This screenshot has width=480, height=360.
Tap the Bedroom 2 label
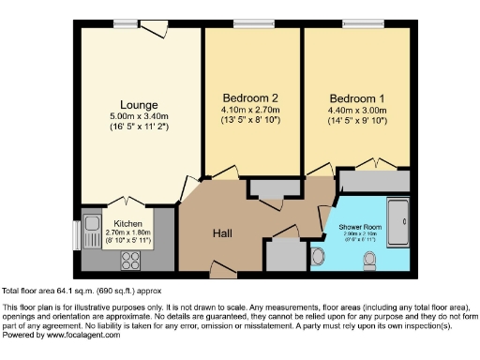tap(250, 97)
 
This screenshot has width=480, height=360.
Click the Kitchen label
tap(127, 224)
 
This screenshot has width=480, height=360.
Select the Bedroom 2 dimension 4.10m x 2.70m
tap(250, 109)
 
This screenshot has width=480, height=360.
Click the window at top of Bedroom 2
tap(247, 24)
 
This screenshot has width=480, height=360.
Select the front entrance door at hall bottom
tap(223, 270)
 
